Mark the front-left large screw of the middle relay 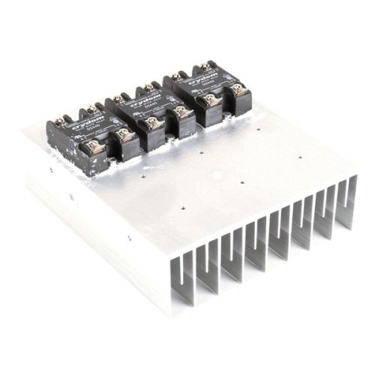pos(156,122)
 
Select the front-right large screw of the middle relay pos(181,112)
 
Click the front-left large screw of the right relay pos(211,99)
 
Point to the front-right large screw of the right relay pos(236,89)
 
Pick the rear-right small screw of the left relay pos(91,110)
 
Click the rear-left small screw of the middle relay pos(121,97)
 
